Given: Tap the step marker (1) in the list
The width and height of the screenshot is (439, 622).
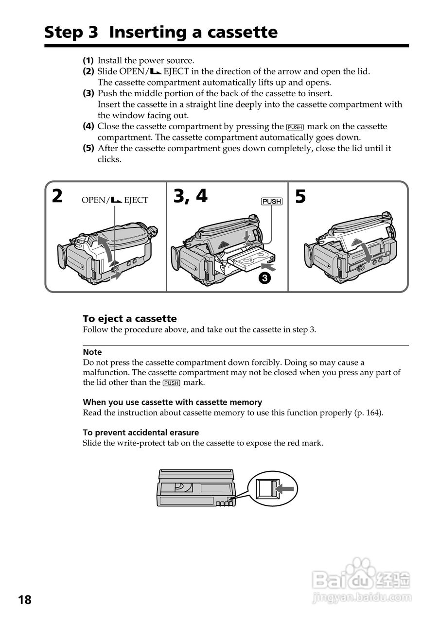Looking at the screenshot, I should (x=88, y=61).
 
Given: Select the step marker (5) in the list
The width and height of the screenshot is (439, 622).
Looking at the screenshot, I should (x=88, y=148).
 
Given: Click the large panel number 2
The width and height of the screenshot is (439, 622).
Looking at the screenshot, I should (x=57, y=196).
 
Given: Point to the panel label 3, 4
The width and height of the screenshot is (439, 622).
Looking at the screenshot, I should (x=190, y=196).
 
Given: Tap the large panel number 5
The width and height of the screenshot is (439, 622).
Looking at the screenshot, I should (x=300, y=196).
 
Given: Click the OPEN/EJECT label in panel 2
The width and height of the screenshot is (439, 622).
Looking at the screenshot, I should (x=115, y=200).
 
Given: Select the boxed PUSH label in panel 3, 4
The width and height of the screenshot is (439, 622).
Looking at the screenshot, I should (x=271, y=201).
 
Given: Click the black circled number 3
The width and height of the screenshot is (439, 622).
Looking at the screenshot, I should (x=263, y=278).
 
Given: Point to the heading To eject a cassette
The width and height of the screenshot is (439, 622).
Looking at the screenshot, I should (x=130, y=319).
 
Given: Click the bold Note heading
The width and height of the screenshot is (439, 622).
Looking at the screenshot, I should (x=92, y=352).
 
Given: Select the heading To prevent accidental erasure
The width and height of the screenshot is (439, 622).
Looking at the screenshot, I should (x=141, y=432).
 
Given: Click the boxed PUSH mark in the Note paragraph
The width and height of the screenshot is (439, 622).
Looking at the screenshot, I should (x=171, y=383).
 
